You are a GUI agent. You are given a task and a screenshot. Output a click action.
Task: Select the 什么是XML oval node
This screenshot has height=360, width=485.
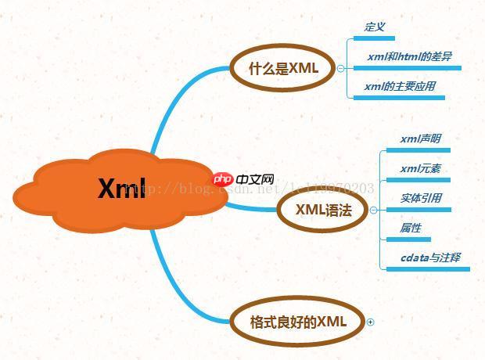(283, 68)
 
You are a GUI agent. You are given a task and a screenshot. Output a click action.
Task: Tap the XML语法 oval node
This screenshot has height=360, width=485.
(323, 209)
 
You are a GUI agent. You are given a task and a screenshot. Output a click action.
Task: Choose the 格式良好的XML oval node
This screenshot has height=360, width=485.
(297, 321)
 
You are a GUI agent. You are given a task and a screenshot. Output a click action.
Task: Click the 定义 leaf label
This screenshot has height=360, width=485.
(375, 27)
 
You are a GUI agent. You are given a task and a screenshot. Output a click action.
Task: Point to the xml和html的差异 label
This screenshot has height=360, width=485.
(409, 56)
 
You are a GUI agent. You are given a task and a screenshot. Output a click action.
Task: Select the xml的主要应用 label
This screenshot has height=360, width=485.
(400, 86)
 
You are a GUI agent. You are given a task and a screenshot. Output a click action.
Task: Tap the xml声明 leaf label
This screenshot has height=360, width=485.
(420, 139)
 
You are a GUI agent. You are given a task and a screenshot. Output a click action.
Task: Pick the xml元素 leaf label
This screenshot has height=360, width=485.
(420, 168)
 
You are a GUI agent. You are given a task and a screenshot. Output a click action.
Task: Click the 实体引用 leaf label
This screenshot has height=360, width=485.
(420, 198)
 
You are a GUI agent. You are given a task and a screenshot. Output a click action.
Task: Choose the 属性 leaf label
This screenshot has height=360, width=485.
(411, 228)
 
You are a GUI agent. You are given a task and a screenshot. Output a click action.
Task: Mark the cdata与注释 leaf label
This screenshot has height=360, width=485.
(430, 257)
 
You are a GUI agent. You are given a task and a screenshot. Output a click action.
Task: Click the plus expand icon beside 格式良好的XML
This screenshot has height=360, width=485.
(371, 322)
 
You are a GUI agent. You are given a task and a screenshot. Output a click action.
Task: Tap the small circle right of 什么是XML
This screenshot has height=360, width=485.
(340, 68)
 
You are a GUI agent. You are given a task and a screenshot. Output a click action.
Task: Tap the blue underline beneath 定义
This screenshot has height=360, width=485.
(379, 38)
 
